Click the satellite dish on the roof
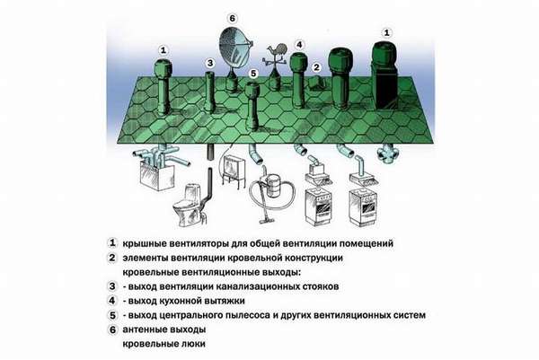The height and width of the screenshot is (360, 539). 237,46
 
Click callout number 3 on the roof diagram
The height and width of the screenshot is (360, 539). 209,63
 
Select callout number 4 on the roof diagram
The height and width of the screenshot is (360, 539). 298,44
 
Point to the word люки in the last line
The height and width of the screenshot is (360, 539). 190,344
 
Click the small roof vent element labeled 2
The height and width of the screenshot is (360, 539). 316,83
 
